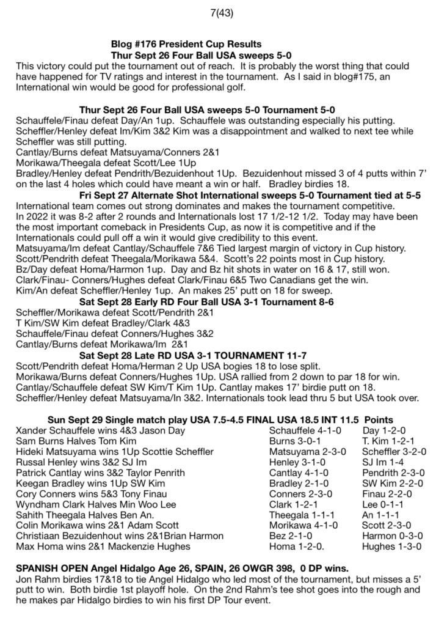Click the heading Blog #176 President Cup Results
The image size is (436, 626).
click(x=186, y=45)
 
